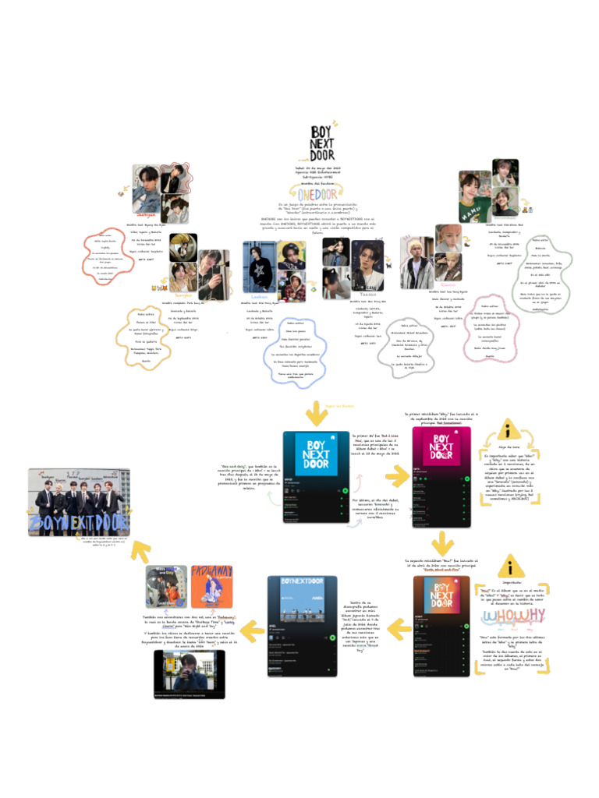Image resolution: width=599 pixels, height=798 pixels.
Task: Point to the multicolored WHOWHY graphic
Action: (x=509, y=619)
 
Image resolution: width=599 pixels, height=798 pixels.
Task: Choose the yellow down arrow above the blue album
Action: (x=315, y=411)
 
